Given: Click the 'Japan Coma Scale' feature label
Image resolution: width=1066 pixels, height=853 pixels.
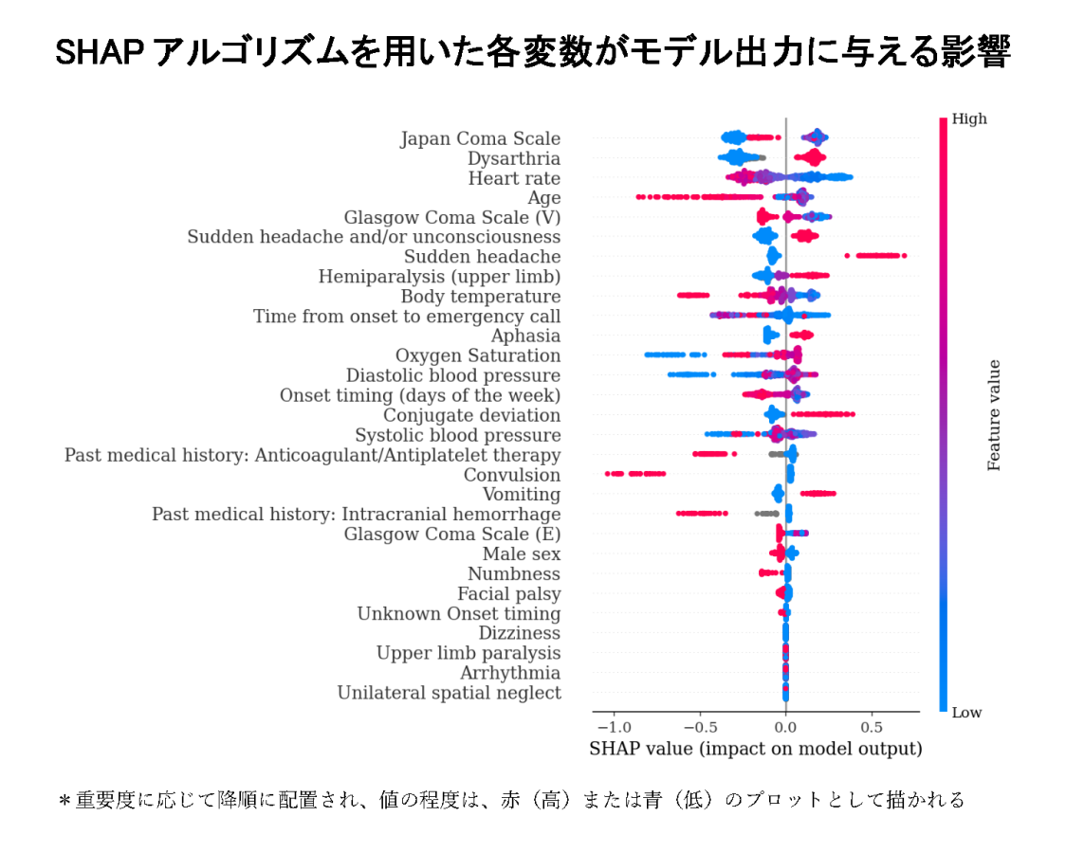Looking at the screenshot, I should click(480, 139).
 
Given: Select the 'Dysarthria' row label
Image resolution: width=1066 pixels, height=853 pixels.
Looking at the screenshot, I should click(513, 158).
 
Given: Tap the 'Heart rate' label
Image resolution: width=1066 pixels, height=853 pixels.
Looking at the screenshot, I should click(514, 178).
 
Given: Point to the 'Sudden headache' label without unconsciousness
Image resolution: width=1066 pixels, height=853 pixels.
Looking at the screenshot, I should click(482, 257).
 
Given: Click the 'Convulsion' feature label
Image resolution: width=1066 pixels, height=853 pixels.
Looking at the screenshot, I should click(511, 475).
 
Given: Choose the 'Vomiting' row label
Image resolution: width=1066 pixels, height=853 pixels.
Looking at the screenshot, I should click(521, 495).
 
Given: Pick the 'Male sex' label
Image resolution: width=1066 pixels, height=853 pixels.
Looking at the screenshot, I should click(521, 554).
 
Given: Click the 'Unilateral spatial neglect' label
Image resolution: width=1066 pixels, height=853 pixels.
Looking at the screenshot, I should click(449, 693).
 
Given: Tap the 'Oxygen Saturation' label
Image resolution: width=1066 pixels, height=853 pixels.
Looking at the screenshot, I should click(478, 355).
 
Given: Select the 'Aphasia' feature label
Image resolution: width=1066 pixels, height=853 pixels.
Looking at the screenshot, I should click(525, 336).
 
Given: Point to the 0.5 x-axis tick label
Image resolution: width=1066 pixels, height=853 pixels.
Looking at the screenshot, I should click(872, 727).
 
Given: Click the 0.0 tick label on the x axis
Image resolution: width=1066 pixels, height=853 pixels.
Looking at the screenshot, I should click(785, 727).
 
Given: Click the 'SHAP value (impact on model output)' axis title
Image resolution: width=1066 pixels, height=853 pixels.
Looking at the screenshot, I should click(756, 749).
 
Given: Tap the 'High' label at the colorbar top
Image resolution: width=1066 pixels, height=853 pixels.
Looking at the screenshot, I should click(969, 118).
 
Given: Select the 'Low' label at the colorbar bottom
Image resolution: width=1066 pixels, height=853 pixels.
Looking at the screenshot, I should click(967, 713).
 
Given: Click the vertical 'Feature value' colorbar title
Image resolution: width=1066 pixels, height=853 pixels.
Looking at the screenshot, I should click(994, 415).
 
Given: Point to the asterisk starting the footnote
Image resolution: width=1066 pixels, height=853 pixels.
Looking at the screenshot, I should click(64, 801).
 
